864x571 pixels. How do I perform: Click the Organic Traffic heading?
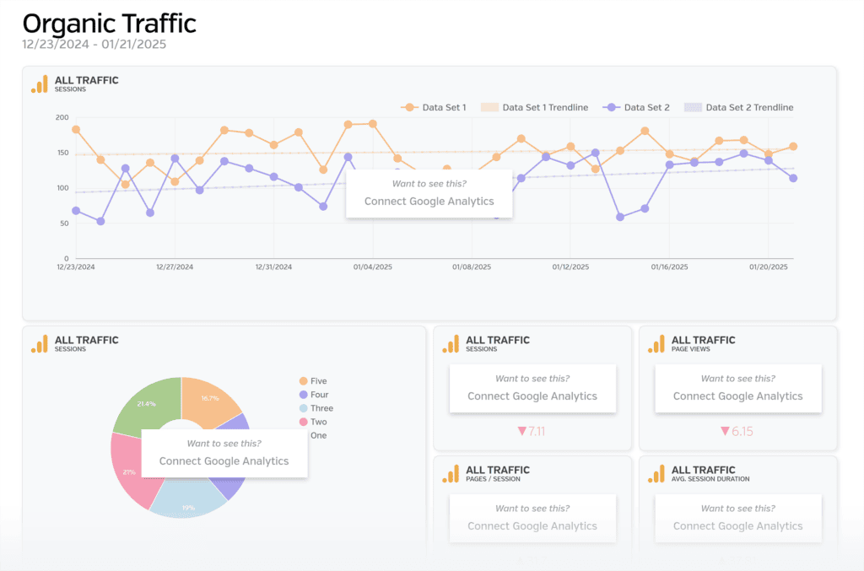(x=109, y=23)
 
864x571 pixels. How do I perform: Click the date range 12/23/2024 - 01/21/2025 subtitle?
(x=94, y=44)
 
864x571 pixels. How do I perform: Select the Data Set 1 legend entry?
(x=435, y=107)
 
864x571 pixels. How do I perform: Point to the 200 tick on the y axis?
(x=62, y=117)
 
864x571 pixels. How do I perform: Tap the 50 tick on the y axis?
(x=64, y=223)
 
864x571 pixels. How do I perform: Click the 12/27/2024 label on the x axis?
(x=175, y=267)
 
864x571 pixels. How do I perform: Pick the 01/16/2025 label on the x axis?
(x=669, y=267)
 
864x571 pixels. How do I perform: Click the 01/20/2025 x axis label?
(x=768, y=267)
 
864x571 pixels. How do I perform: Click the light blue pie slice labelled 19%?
(x=188, y=504)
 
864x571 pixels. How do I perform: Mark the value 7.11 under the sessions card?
(x=532, y=431)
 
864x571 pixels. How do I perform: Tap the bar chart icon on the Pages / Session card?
(x=451, y=474)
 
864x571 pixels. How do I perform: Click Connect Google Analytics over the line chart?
(x=429, y=202)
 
